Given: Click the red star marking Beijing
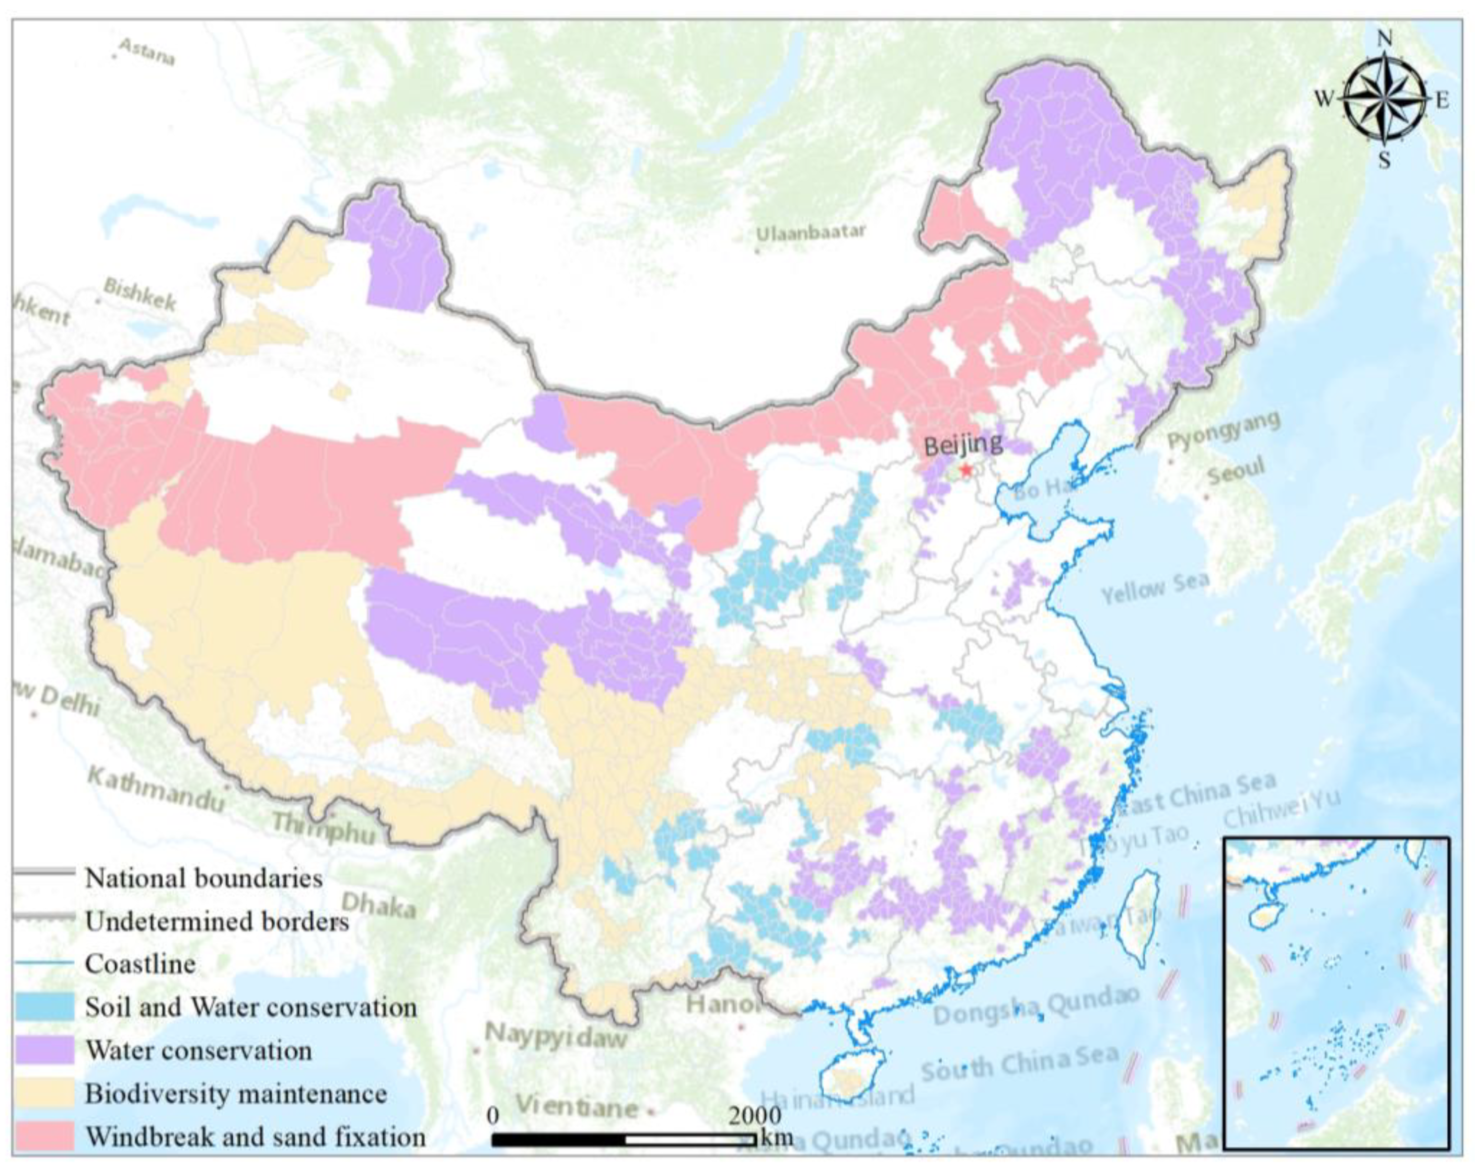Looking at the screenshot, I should pos(966,470).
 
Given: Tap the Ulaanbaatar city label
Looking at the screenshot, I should pos(810,233).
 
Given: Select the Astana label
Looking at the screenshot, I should pos(146,52).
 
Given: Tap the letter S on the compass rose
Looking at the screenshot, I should pos(1384,160).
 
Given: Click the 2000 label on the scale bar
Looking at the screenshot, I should pos(754,1115).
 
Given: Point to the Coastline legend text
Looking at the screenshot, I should pos(140,964).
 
